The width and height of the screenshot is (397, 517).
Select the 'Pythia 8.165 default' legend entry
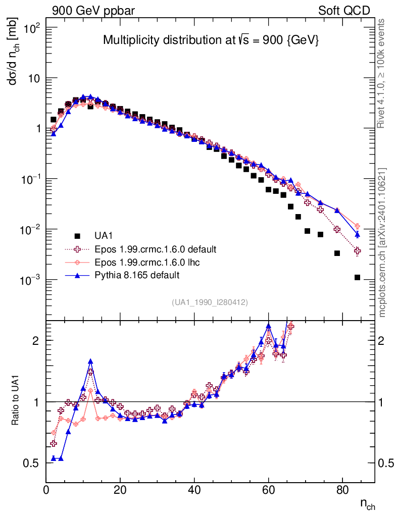[136, 275]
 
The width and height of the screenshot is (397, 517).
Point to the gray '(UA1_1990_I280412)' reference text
[210, 302]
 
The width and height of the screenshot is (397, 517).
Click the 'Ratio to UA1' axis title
[16, 401]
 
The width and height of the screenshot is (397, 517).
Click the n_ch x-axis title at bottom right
[367, 503]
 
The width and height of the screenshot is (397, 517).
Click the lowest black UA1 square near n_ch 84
[357, 277]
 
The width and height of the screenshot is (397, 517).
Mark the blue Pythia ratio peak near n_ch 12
[90, 361]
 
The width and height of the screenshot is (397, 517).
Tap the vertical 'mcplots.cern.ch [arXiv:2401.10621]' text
[382, 242]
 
